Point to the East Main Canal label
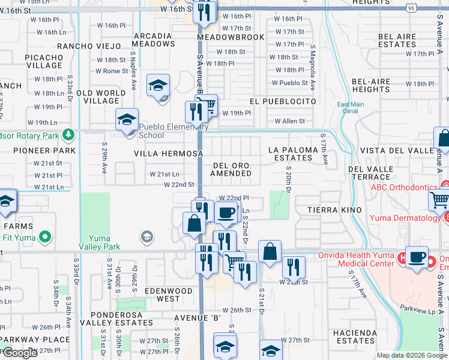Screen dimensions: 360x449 tap(351, 107)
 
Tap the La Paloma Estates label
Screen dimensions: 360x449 tap(291, 154)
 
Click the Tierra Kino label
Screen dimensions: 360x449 tap(334, 209)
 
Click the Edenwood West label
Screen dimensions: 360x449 tap(168, 295)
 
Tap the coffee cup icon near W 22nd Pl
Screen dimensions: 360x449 tap(226, 212)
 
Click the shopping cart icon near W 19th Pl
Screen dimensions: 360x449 tap(207, 106)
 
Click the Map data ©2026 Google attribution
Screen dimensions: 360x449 tap(411, 355)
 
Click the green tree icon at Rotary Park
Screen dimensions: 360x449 tap(70, 133)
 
